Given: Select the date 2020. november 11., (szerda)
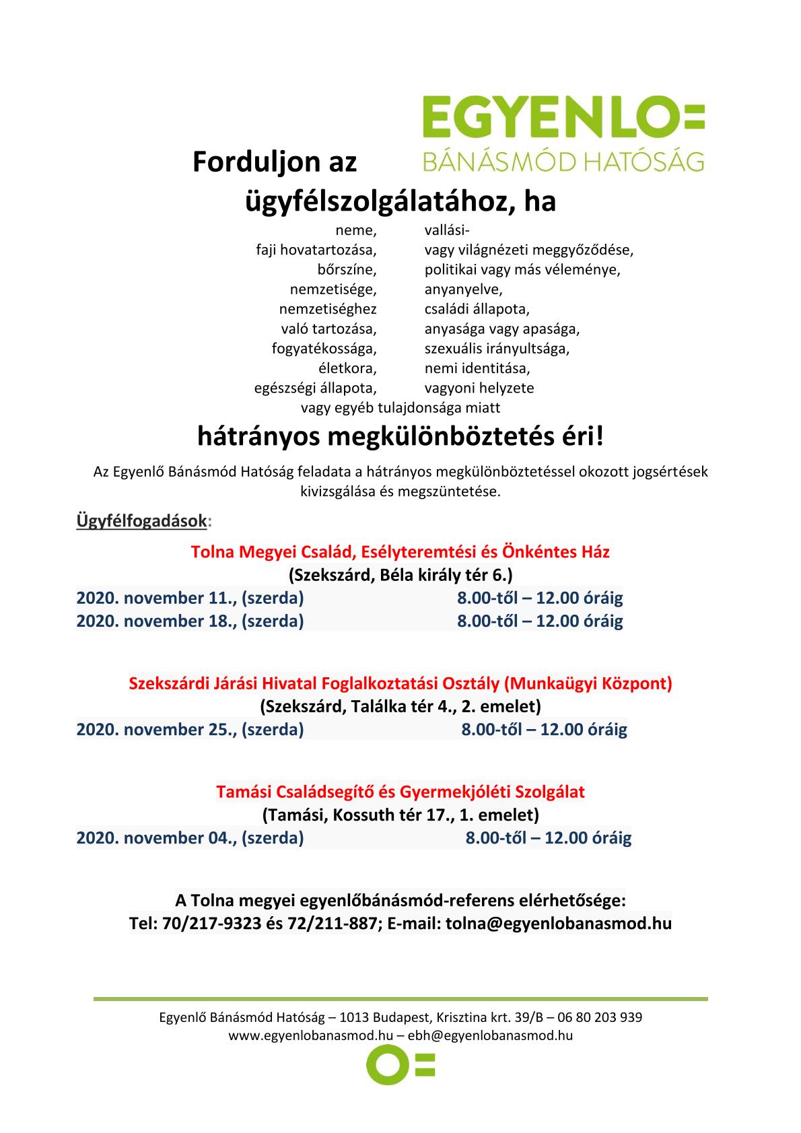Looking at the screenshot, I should tap(190, 598).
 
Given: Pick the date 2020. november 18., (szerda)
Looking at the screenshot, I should tap(190, 621).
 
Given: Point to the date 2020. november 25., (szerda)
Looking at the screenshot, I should tap(190, 729).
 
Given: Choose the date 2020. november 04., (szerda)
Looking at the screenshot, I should tap(190, 838).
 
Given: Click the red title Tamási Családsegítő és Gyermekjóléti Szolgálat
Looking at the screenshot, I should tap(401, 791).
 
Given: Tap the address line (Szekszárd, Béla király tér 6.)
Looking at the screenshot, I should tap(401, 576).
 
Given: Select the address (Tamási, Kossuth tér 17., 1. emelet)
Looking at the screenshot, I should tap(401, 815).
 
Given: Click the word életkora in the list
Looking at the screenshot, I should tap(347, 369).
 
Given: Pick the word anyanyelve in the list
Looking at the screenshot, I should tap(463, 290).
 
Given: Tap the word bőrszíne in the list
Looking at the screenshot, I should tap(347, 270).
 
